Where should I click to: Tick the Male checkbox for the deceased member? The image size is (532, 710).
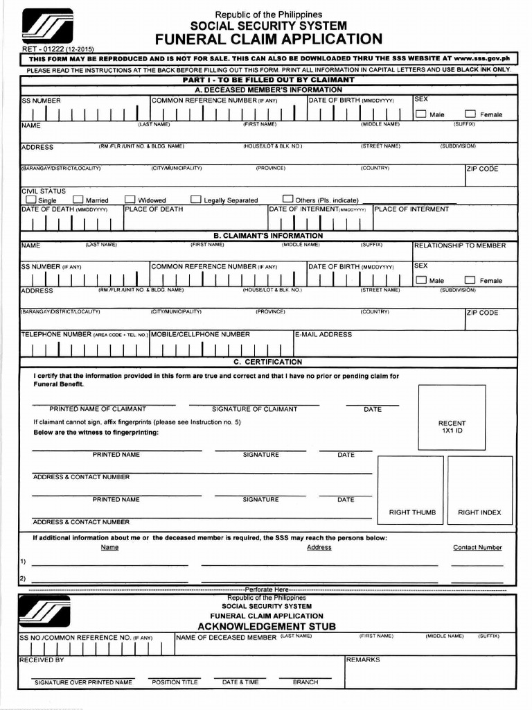[x=420, y=114]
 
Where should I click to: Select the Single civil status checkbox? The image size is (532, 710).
[x=30, y=200]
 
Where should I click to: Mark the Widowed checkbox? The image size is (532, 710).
[x=128, y=200]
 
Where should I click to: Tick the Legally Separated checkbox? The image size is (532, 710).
[x=195, y=200]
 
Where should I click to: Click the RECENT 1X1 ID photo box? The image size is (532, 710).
[x=452, y=417]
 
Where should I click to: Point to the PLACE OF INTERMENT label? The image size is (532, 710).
[x=411, y=209]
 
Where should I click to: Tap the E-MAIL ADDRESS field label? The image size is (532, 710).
[x=323, y=334]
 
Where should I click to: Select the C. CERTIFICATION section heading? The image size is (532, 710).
[x=267, y=362]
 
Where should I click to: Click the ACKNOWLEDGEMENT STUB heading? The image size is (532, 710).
[x=267, y=626]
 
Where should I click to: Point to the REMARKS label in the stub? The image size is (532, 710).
[x=363, y=660]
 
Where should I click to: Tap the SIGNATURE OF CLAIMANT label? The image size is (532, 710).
[x=254, y=409]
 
